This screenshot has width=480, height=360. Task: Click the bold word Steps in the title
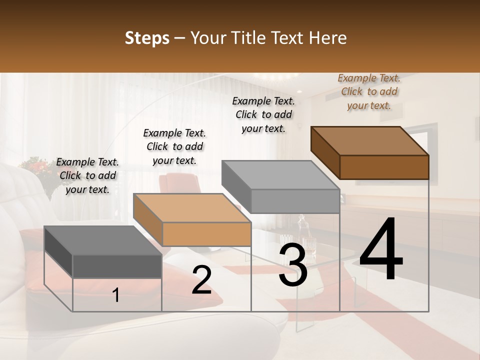pos(147,38)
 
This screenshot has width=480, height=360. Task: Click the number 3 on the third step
pos(293,265)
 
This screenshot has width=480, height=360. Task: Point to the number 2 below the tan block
pos(201,280)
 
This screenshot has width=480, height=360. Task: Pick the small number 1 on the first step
pos(115,295)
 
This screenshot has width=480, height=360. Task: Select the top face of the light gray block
pos(280,175)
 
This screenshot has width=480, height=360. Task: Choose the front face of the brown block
pos(384,167)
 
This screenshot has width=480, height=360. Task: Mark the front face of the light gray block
pos(295,201)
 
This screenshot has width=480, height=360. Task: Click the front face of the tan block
pos(206,234)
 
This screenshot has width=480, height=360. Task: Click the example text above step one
pos(87,175)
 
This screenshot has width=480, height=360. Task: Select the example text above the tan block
pos(174,146)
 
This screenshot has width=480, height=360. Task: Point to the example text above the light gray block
pos(263,114)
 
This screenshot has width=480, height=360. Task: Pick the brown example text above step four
pos(369,91)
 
